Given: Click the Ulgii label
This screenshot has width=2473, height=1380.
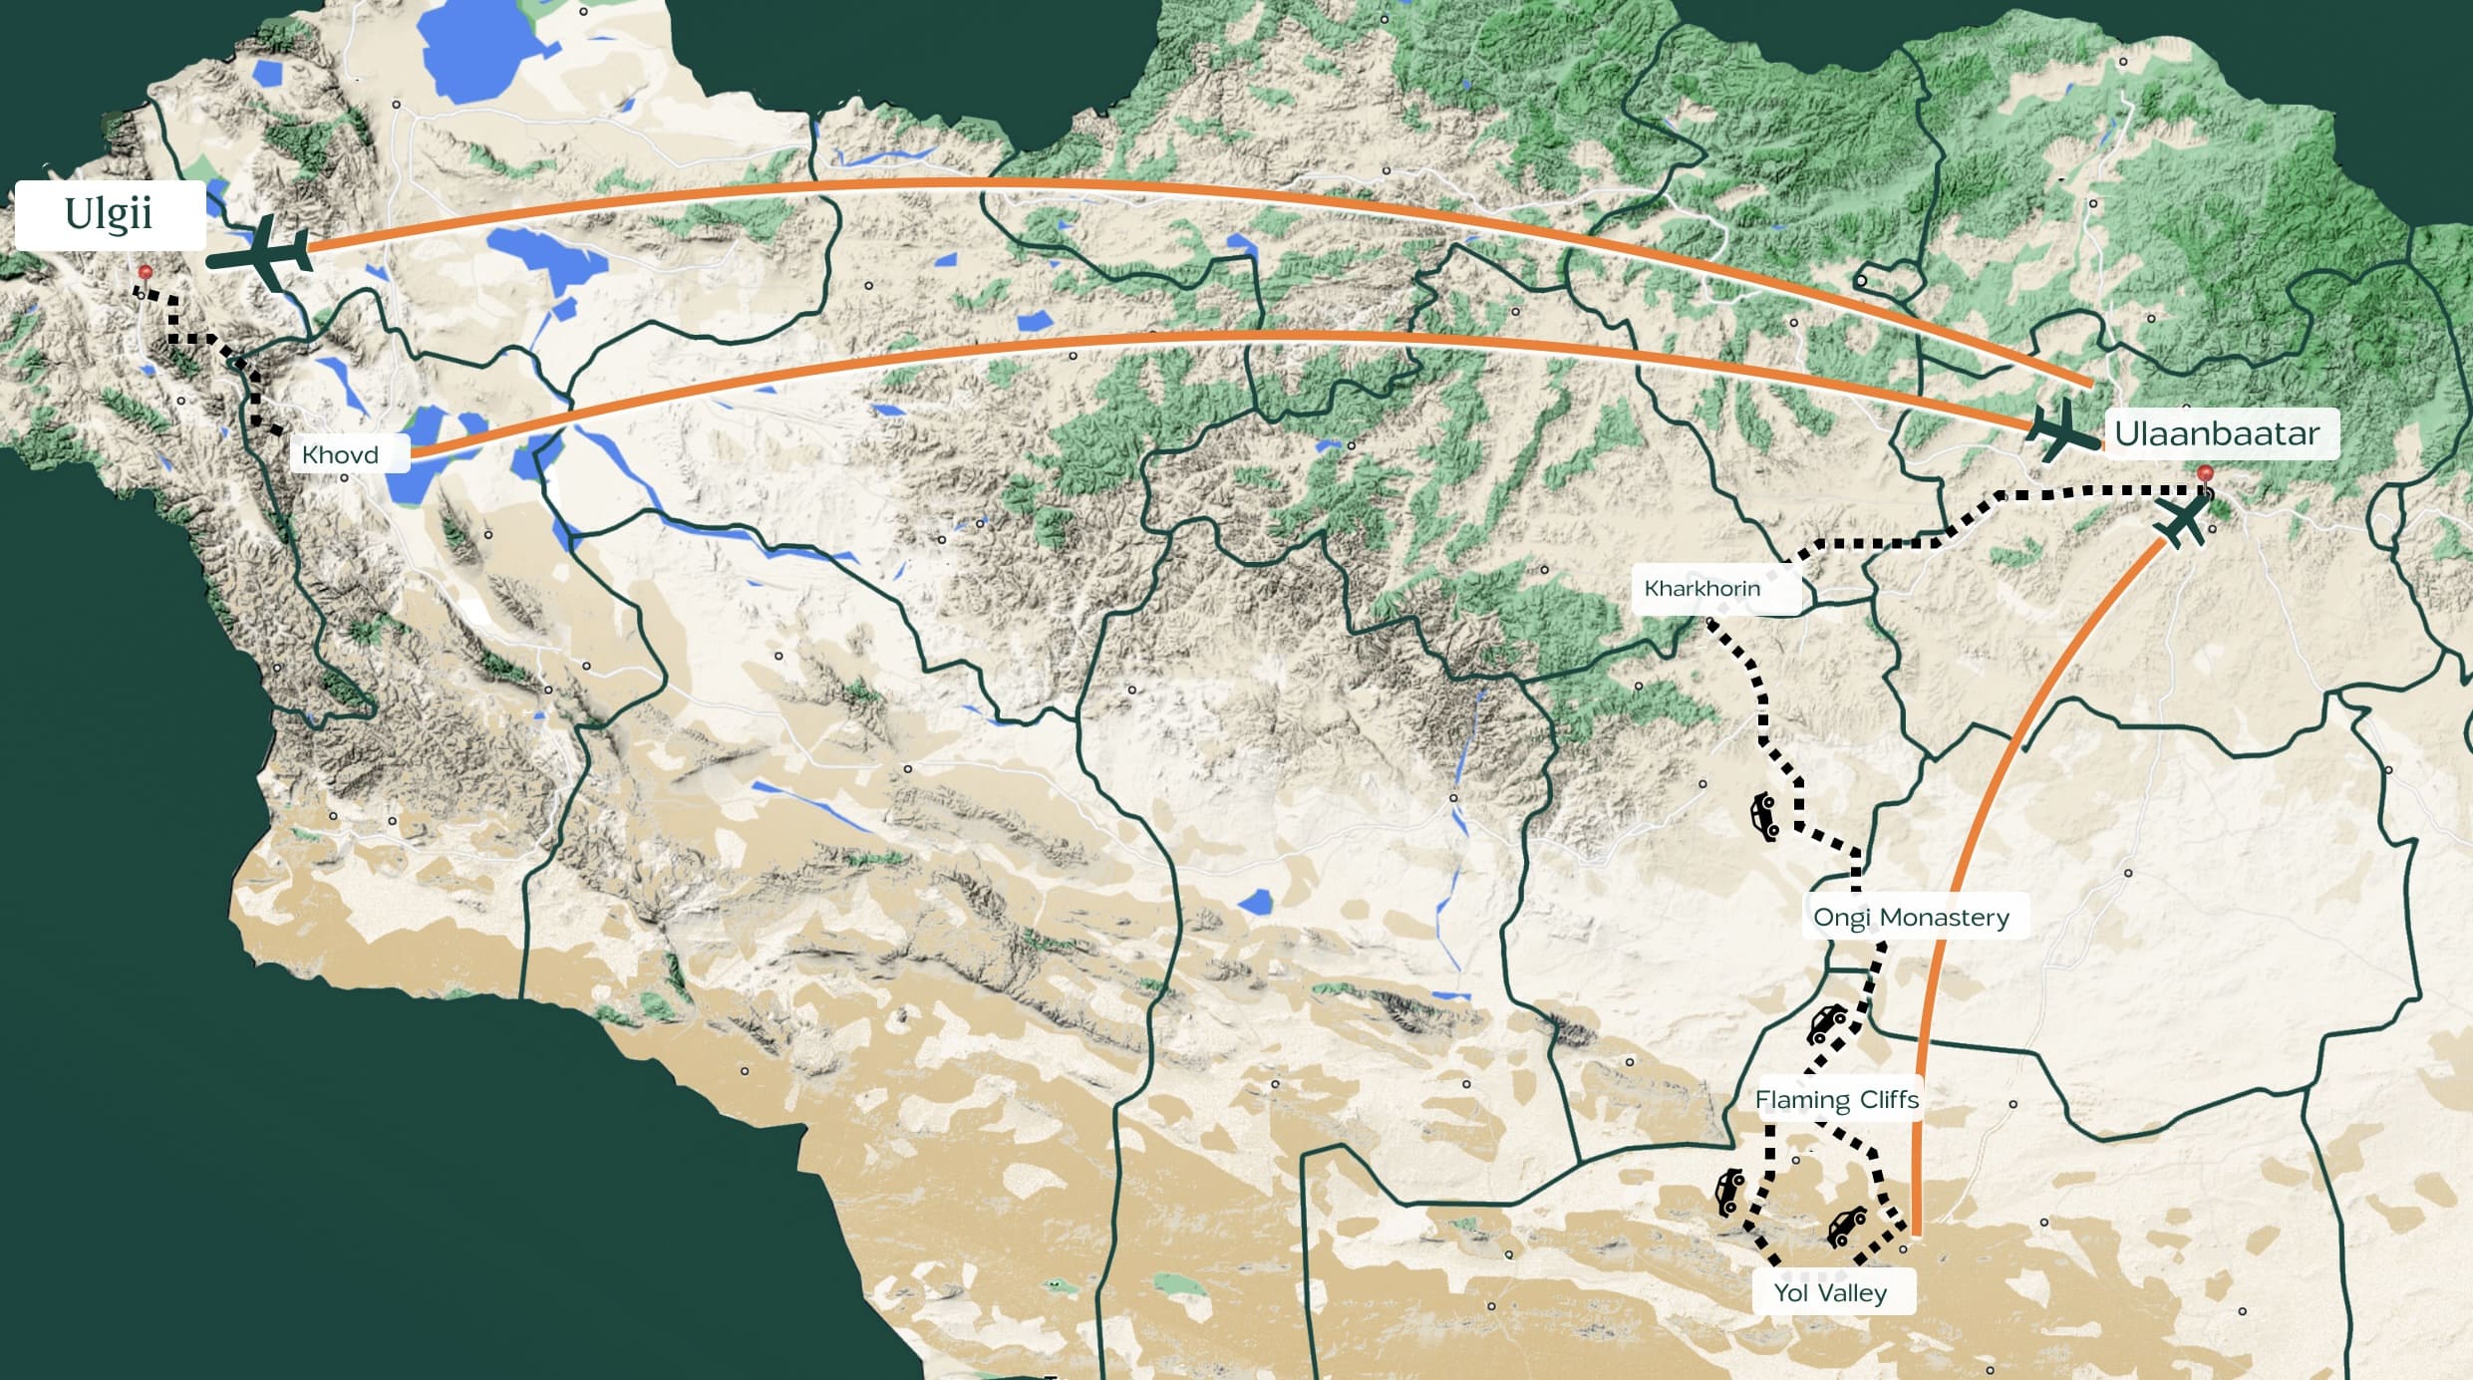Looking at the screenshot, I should pos(109,214).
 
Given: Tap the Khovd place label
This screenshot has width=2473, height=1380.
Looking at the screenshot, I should pos(340,454).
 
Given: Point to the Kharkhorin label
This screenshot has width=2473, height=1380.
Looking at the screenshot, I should pos(1701,588).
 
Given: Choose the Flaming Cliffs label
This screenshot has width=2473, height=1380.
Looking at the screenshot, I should pos(1836,1099).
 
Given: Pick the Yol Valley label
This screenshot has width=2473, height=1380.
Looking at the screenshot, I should pos(1830,1292).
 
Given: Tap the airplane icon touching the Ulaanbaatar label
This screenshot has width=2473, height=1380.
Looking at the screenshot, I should pos(2061,429).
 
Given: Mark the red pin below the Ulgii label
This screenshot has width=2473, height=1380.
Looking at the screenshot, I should pos(146,272).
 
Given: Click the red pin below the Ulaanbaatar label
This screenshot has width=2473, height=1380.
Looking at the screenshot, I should pos(2205,472).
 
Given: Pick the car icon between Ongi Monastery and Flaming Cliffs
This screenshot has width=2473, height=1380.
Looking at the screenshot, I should pos(1827,1023).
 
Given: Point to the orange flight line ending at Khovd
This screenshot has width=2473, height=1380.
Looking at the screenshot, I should pos(1196,337).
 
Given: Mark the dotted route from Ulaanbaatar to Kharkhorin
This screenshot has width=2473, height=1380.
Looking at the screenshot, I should pos(1894,544).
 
